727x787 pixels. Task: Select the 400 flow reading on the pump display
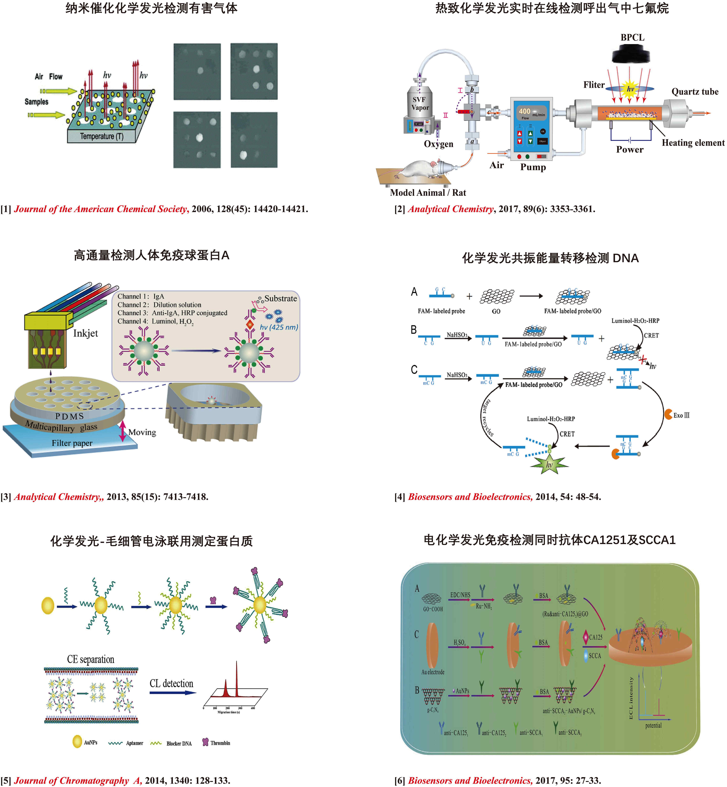524,111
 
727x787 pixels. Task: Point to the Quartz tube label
695,92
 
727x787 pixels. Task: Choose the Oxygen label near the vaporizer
438,144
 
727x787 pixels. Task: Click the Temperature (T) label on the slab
101,136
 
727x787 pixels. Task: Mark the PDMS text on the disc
70,416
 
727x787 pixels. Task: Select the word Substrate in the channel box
280,299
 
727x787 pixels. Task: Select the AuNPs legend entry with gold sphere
85,742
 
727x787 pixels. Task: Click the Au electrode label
433,672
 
